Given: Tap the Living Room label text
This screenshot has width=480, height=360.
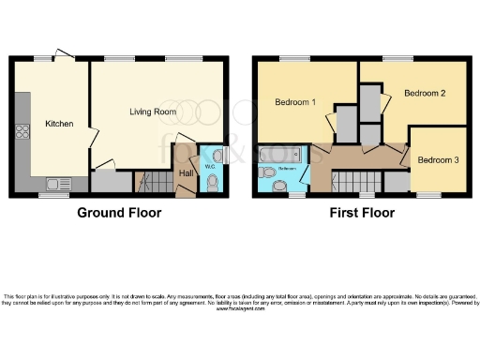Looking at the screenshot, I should (153, 112).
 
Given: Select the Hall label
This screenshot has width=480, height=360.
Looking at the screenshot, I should (186, 172).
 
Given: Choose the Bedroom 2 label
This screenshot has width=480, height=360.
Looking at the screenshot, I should (424, 94).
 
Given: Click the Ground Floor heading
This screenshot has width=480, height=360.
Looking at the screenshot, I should (119, 213).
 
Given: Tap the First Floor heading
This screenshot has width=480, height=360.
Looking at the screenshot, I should (361, 213).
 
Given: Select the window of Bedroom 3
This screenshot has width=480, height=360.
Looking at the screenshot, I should (428, 195).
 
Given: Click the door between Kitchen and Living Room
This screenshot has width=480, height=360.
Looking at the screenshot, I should (90, 137).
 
